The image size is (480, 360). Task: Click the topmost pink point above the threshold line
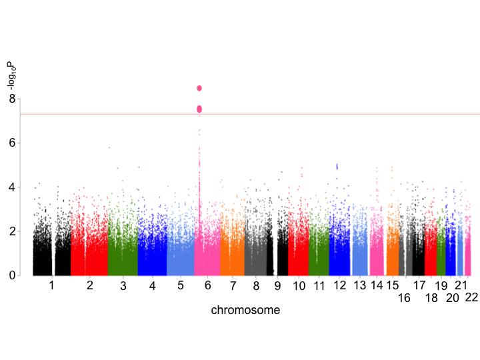pos(199,88)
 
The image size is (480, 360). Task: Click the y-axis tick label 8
pos(11,99)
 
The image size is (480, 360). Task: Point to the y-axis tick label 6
pos(11,143)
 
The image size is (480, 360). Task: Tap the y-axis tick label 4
pos(11,187)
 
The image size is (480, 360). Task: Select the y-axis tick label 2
pos(11,231)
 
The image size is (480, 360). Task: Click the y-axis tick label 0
pos(11,275)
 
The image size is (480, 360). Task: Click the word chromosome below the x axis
pos(245,310)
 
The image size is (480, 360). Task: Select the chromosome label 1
pos(51,286)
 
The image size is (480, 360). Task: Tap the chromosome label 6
pos(208,286)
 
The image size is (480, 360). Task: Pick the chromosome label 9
pos(277,286)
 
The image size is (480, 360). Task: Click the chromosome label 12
pos(341,286)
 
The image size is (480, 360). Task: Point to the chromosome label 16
pos(404,298)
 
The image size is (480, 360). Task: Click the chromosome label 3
pos(123,286)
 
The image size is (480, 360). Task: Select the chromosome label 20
pos(453,298)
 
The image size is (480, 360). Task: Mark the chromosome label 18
pos(431,298)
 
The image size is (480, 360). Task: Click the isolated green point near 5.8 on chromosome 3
pos(109,147)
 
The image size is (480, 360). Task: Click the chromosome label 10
pos(299,286)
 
